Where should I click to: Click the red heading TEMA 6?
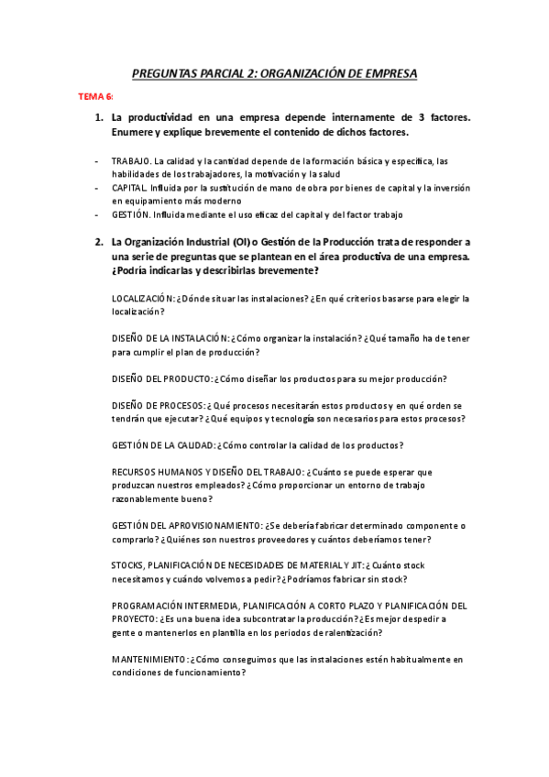point(94,95)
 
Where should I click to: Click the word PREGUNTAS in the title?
point(166,71)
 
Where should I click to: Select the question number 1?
point(98,118)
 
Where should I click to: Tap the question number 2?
point(98,242)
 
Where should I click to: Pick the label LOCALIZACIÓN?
point(142,299)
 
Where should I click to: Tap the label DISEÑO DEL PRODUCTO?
point(160,378)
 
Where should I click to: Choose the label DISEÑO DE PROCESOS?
point(157,406)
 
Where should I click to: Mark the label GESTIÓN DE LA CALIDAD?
point(162,445)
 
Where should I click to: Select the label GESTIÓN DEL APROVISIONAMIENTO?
point(186,526)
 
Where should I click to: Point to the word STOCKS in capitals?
point(127,565)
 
